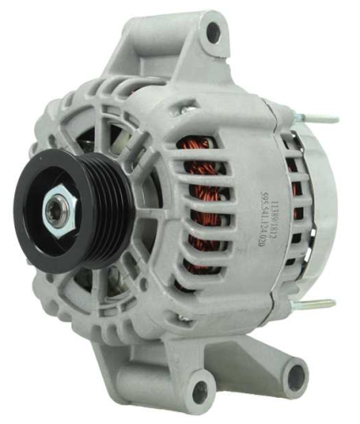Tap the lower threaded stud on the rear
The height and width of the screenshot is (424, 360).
coord(321,303)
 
